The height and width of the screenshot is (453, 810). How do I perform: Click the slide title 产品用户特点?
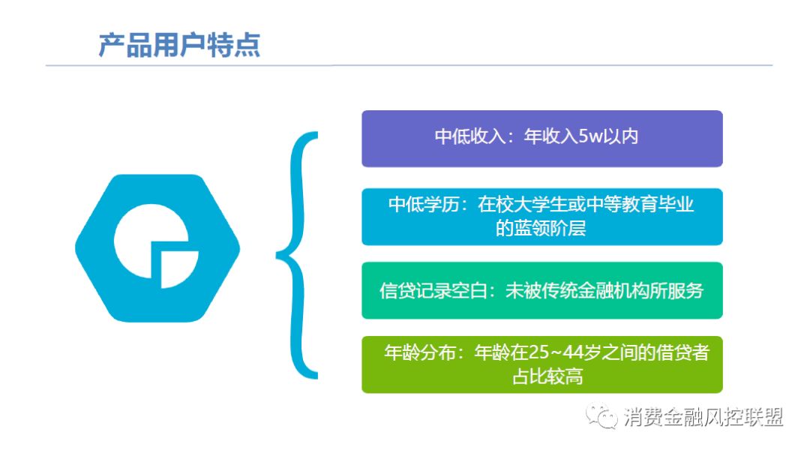click(x=179, y=45)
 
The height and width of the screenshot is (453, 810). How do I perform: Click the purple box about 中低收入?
click(x=542, y=139)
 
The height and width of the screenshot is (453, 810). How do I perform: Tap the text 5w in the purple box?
click(x=589, y=136)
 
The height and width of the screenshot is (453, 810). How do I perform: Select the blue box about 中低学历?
click(x=542, y=217)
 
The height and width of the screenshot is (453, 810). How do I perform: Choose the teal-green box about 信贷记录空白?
click(x=542, y=290)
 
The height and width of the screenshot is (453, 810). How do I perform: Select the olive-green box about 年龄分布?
click(x=542, y=364)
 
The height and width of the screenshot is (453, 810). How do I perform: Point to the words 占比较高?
click(x=547, y=376)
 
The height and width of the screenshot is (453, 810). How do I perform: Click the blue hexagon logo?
click(x=157, y=248)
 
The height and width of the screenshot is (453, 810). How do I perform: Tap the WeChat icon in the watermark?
click(x=601, y=415)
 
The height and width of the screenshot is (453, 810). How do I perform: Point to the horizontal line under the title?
click(x=409, y=65)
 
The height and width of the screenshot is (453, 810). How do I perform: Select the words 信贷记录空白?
click(x=433, y=291)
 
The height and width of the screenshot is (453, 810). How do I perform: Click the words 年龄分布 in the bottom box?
click(x=420, y=352)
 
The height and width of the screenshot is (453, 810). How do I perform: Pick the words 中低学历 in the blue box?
click(x=424, y=205)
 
